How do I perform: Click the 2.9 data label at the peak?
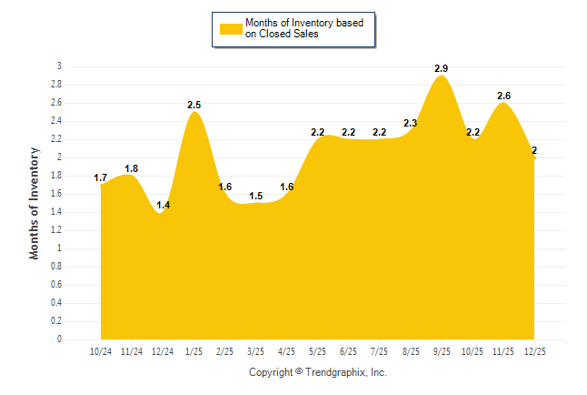442,68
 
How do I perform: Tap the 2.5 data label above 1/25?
194,105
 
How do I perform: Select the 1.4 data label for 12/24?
164,206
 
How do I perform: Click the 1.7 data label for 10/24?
101,177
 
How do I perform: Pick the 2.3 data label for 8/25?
411,123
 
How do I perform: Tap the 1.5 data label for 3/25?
256,196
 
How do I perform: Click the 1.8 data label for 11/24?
132,168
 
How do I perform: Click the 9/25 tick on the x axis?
442,350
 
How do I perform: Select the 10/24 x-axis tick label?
101,350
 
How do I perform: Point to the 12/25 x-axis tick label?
534,350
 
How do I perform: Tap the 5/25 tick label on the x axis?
318,350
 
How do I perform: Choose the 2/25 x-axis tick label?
225,350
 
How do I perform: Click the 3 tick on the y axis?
59,66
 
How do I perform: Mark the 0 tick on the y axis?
59,339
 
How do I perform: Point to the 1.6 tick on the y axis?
55,194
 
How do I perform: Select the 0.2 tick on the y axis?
55,321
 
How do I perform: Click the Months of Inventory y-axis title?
35,203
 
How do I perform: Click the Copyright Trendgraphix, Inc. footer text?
318,372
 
